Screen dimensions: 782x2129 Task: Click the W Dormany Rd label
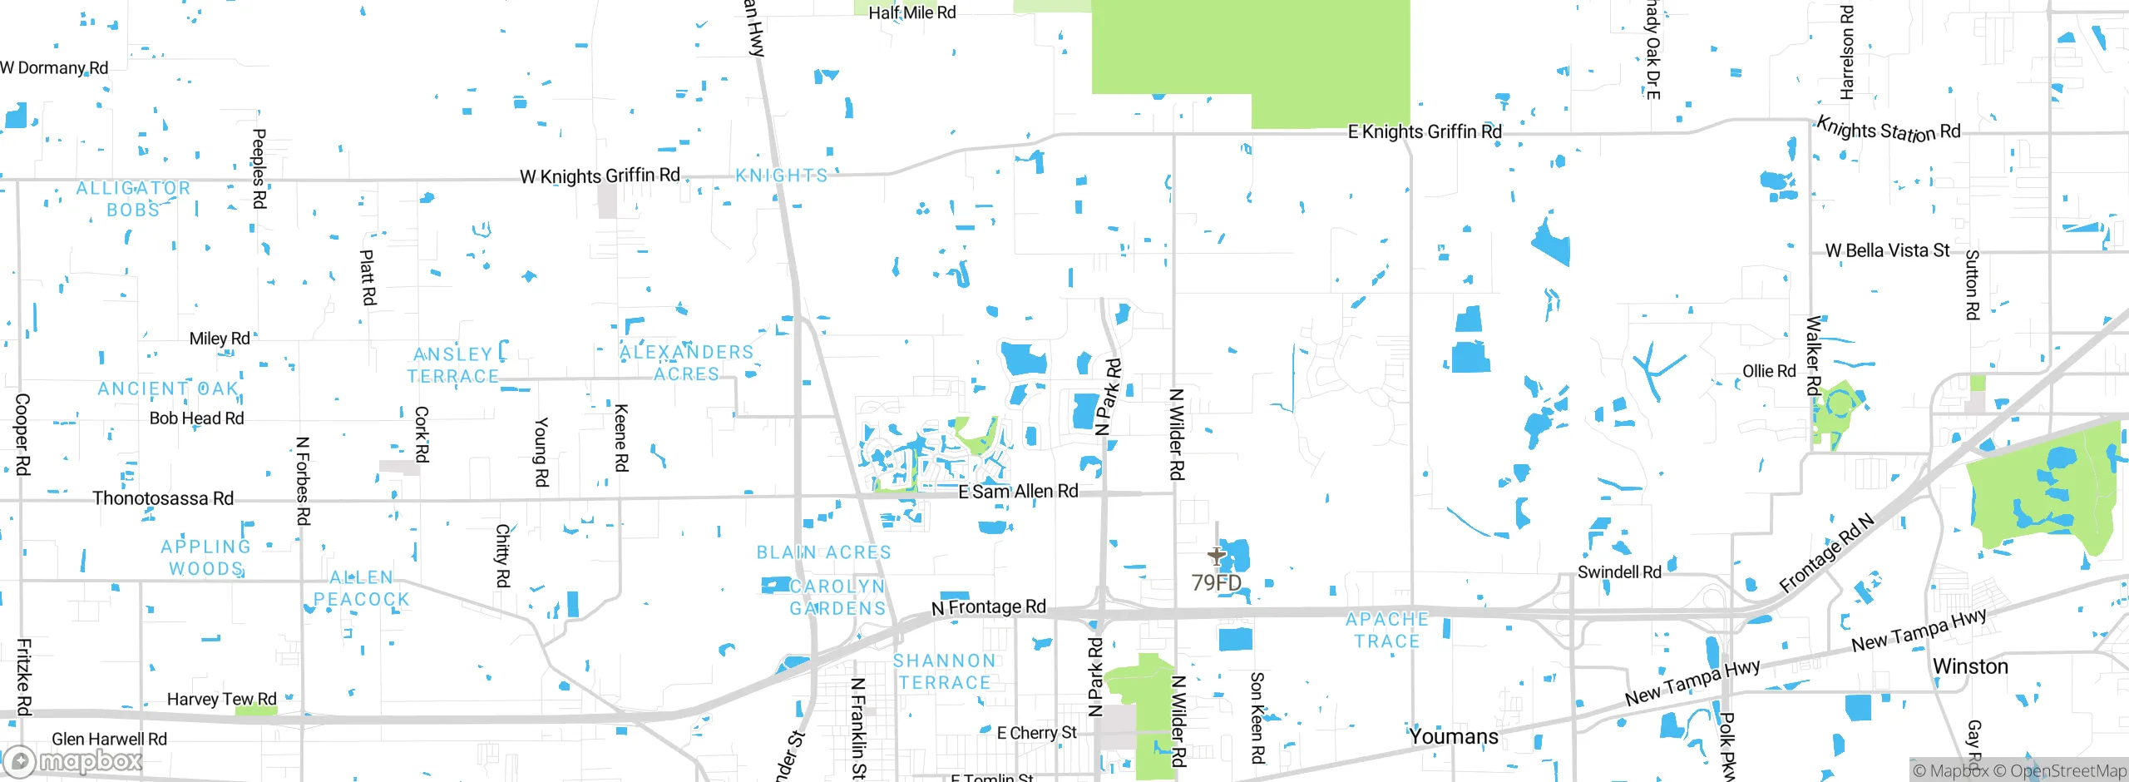[x=54, y=68]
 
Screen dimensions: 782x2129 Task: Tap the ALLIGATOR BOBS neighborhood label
[x=133, y=199]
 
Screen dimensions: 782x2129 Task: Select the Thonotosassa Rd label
[x=163, y=498]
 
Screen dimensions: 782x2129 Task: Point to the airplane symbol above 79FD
[x=1217, y=556]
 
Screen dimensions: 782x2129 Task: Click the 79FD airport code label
[x=1216, y=582]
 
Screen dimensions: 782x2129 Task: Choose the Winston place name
[x=1970, y=666]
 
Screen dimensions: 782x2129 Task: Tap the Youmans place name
[x=1453, y=736]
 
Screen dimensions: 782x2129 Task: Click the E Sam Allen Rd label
[x=1018, y=492]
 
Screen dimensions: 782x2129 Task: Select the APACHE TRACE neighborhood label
[x=1387, y=630]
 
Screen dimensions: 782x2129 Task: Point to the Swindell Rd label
[x=1619, y=572]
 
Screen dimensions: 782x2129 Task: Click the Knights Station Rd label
[x=1888, y=131]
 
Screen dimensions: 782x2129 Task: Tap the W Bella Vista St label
[x=1887, y=250]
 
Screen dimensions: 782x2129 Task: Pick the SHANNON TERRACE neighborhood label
[x=945, y=671]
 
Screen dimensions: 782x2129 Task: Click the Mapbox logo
[x=73, y=761]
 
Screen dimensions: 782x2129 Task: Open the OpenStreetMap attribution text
[x=2067, y=771]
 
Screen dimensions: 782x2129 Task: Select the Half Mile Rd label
[x=912, y=12]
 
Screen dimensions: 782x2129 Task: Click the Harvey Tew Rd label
[x=221, y=699]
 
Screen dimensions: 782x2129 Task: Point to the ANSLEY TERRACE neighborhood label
[x=453, y=365]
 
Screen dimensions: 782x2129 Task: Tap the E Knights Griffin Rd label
[x=1425, y=131]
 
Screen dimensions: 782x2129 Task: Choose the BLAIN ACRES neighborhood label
[x=823, y=552]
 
